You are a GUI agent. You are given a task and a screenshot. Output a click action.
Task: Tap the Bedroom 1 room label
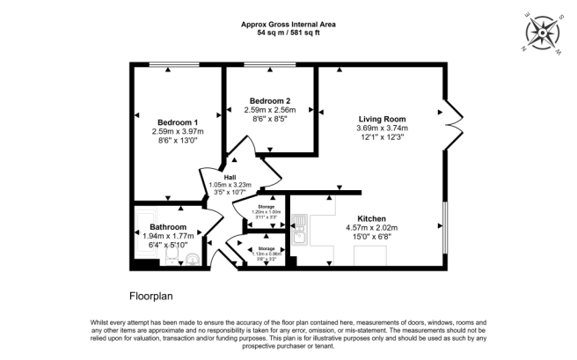pyautogui.click(x=178, y=122)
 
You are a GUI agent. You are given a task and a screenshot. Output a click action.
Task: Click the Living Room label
pyautogui.click(x=382, y=118)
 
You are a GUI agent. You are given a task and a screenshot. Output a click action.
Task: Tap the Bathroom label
pyautogui.click(x=166, y=226)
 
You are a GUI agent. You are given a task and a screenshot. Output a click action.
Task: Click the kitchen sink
pyautogui.click(x=299, y=234)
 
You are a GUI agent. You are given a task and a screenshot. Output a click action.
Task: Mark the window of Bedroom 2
pyautogui.click(x=269, y=64)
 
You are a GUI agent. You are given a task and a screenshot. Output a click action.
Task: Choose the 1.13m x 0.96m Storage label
pyautogui.click(x=266, y=253)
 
